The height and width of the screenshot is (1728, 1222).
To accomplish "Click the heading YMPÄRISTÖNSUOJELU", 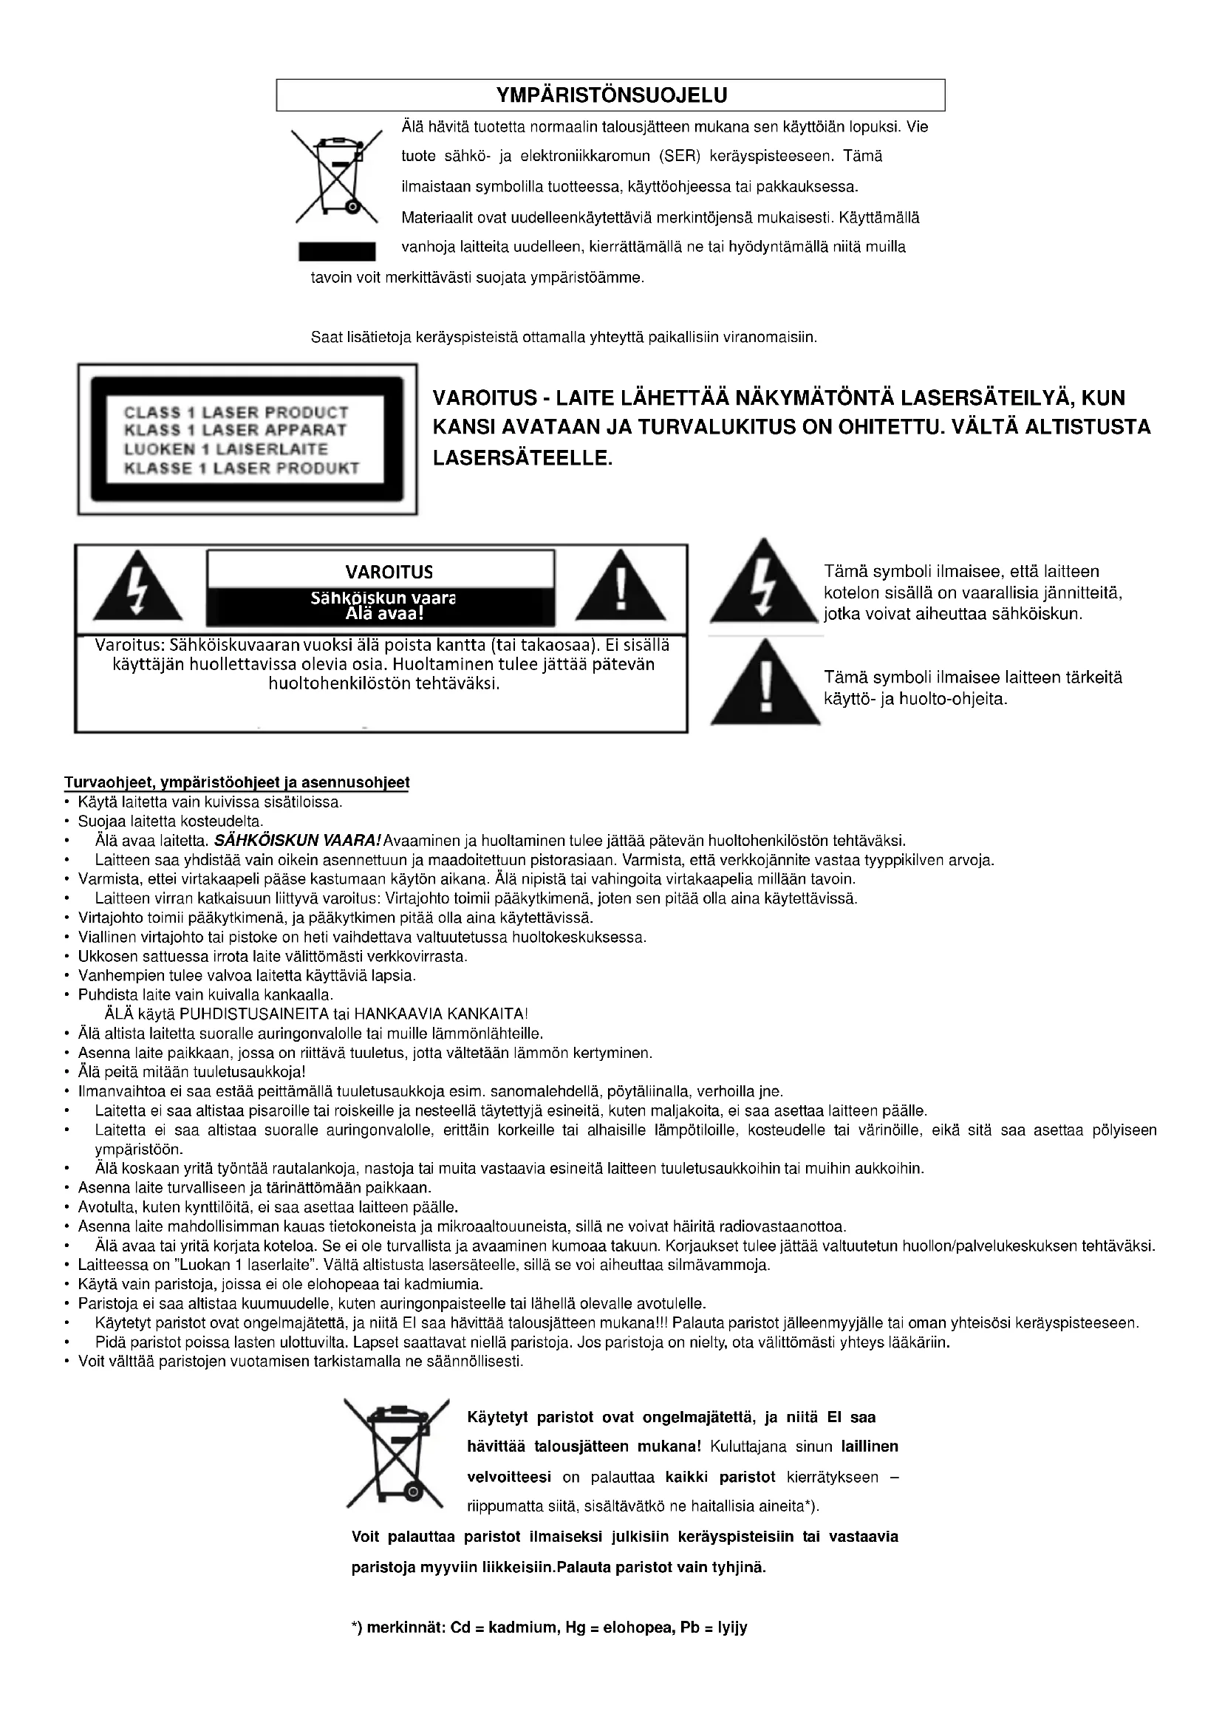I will tap(611, 95).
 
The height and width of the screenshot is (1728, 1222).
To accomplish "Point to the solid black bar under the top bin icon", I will tap(336, 251).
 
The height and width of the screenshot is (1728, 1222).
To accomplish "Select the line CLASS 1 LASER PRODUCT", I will tap(236, 412).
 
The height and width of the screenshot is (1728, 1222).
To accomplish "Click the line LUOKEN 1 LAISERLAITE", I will tap(226, 449).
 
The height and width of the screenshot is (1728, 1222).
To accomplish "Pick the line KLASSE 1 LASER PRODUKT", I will tap(242, 468).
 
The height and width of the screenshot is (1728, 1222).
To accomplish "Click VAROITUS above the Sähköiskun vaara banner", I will tap(389, 572).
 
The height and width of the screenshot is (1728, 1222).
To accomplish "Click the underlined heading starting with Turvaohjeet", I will tap(236, 782).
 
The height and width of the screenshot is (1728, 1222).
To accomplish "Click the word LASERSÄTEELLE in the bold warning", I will tap(523, 457).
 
